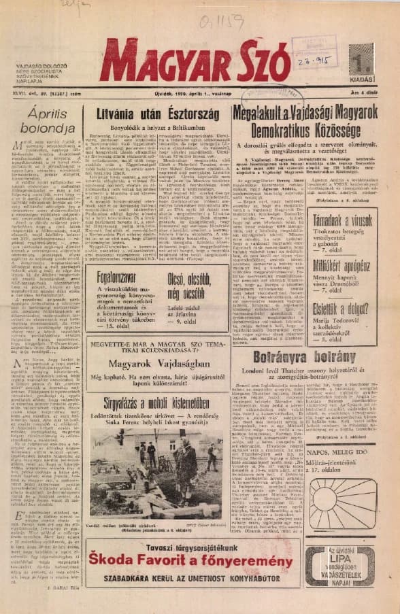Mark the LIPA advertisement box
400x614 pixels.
pyautogui.click(x=340, y=565)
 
